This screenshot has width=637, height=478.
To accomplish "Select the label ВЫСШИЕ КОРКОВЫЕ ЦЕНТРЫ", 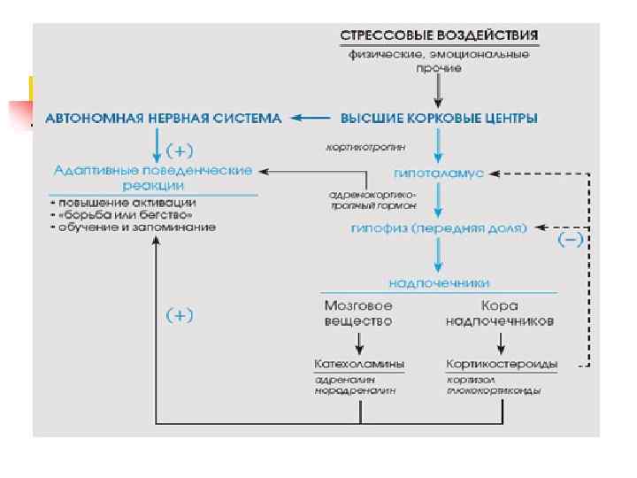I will click(x=440, y=118).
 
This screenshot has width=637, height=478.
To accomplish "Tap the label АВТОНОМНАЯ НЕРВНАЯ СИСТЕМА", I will click(x=165, y=118).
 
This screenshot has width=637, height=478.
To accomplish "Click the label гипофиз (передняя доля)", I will click(x=439, y=227).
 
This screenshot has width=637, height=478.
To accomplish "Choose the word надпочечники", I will click(x=439, y=283).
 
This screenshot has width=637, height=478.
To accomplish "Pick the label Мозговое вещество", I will click(x=358, y=312).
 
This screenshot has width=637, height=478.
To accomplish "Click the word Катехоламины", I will click(x=359, y=364).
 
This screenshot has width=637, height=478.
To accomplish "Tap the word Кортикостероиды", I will click(x=501, y=364).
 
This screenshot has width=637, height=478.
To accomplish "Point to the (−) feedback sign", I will click(x=568, y=241).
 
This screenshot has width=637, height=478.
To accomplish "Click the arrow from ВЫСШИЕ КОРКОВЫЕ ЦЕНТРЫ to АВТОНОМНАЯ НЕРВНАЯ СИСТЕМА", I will click(x=310, y=118).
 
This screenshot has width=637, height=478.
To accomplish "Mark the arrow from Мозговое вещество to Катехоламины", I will click(x=359, y=343).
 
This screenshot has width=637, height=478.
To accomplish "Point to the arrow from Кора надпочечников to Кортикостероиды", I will click(x=501, y=343).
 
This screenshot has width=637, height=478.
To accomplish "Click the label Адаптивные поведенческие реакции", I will click(x=154, y=177).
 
